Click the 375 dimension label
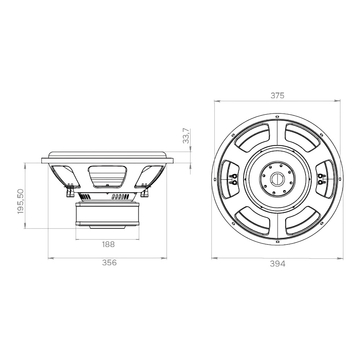point(277,95)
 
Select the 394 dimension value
point(277,264)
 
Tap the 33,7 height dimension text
point(186,136)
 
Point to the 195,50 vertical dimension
point(21,201)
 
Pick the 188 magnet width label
point(108,244)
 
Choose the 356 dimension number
point(109,263)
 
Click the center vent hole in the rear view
point(277,179)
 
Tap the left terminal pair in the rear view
point(234,179)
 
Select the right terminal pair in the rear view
point(321,179)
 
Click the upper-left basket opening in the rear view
point(252,138)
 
